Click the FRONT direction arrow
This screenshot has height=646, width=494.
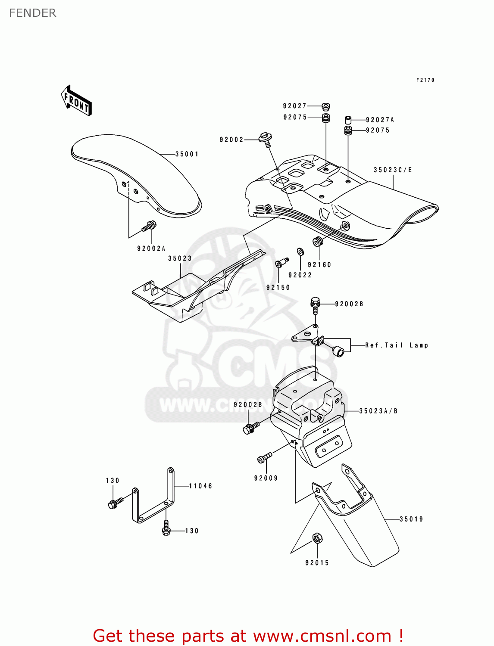tap(76, 100)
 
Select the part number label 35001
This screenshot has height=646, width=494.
tap(187, 154)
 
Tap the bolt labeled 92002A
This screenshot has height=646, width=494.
tap(149, 225)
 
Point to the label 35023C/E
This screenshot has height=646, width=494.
tap(393, 170)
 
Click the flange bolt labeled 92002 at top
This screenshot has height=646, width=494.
tap(265, 139)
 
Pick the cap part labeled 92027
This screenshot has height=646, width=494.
tap(326, 106)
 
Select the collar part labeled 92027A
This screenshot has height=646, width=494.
tap(348, 120)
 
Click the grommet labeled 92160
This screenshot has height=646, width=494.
tap(318, 242)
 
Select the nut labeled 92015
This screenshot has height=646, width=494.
tap(317, 538)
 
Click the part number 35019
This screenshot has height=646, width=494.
tap(411, 519)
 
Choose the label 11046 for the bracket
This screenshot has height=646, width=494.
tap(200, 486)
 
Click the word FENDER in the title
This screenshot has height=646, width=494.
tap(33, 13)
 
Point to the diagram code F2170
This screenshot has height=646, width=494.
tap(425, 80)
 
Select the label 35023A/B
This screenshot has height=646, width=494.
tap(378, 411)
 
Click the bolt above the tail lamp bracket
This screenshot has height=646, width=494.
tap(315, 303)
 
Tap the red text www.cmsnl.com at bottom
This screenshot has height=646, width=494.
tap(322, 636)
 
